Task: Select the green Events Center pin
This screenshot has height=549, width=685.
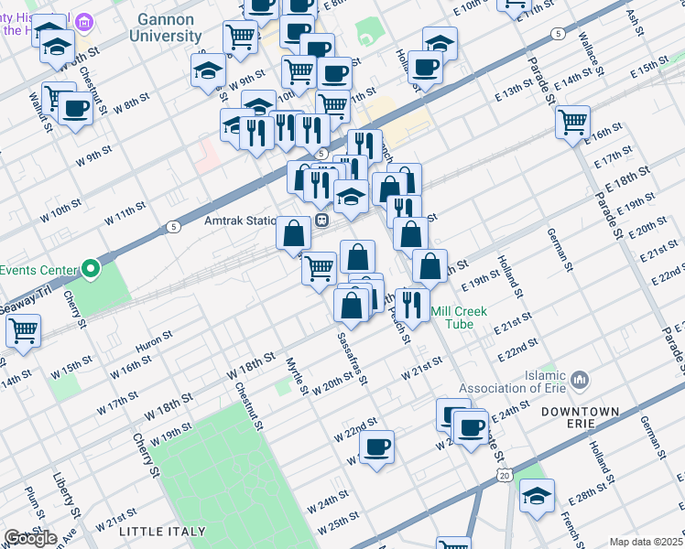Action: point(90,270)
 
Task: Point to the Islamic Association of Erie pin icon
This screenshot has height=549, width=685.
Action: point(580,379)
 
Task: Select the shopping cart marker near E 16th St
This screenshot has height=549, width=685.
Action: point(572,122)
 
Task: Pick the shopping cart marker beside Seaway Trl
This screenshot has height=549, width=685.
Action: point(24,330)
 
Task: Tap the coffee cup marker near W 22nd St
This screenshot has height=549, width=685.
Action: point(376,447)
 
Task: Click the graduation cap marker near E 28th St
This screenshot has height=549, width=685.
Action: point(537,497)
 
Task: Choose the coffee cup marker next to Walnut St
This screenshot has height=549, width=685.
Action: point(76,110)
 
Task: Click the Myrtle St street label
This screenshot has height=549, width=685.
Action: point(296,376)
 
